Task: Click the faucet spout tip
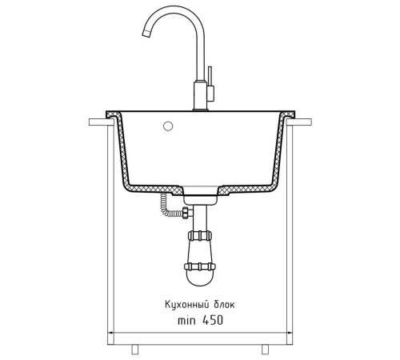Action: coord(146,34)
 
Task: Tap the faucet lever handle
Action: coord(210,84)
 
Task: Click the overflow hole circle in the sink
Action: coord(168,126)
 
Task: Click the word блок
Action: coord(224,304)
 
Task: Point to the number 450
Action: coord(213,320)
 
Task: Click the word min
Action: coord(186,321)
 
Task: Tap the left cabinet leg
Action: coord(135,350)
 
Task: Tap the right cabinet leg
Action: coord(265,350)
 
